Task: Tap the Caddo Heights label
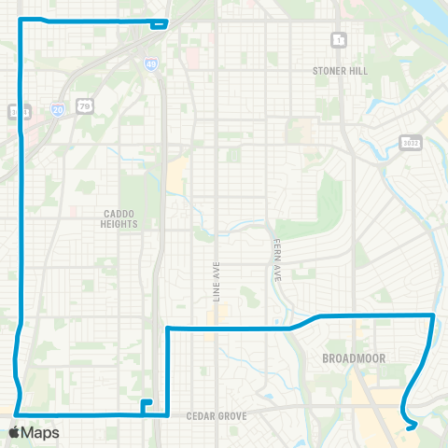click(x=120, y=218)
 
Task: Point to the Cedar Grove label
click(x=216, y=417)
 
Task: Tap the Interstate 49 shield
click(x=150, y=63)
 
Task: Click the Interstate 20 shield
click(x=58, y=109)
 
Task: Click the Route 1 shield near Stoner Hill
click(x=338, y=40)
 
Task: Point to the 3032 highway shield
click(x=410, y=142)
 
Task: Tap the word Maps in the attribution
click(x=40, y=432)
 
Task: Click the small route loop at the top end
click(x=162, y=23)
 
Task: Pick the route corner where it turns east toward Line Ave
click(x=167, y=329)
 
